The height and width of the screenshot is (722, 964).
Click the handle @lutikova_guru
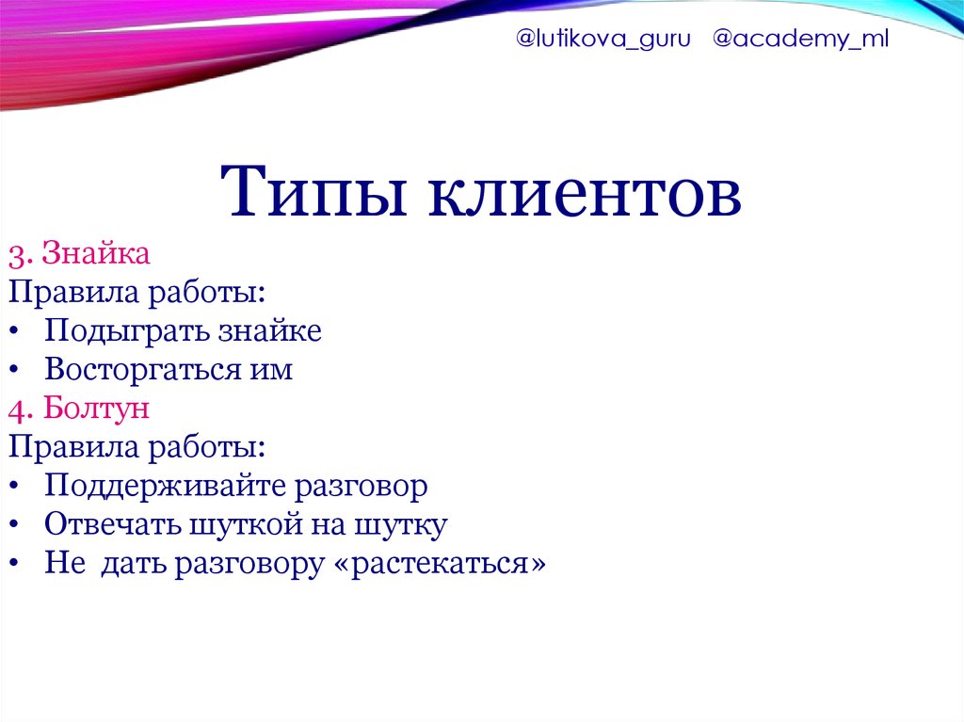click(603, 40)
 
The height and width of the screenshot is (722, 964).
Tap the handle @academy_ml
click(800, 39)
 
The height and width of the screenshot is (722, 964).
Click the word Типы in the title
click(313, 192)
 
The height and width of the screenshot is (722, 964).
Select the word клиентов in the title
click(585, 192)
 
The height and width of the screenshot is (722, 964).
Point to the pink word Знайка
click(96, 253)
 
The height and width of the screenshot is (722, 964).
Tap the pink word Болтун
click(97, 408)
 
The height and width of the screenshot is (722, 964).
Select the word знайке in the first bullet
click(270, 330)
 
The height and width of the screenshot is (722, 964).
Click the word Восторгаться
click(143, 370)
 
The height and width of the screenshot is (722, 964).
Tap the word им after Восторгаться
click(271, 372)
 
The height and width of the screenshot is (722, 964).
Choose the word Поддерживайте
click(166, 487)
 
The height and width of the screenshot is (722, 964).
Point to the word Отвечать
click(112, 525)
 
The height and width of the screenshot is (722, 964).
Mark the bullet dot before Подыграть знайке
click(14, 332)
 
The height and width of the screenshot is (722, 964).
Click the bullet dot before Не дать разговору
click(14, 564)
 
